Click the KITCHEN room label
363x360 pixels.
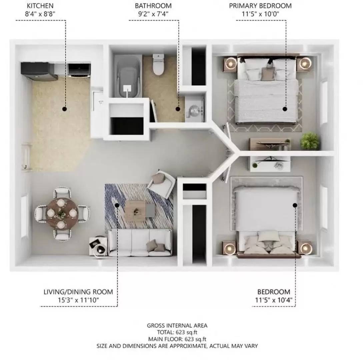40,6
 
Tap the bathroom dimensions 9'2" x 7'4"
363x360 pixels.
153,14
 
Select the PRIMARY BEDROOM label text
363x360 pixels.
260,6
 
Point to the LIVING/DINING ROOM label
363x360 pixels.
78,292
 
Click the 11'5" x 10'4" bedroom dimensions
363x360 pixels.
274,300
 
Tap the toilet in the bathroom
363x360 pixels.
158,65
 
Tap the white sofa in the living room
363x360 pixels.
140,243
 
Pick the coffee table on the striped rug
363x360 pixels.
135,210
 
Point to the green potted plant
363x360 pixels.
310,141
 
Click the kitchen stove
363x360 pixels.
79,70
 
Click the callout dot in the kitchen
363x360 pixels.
64,109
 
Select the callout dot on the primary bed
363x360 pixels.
285,109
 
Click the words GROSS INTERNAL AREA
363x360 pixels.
177,326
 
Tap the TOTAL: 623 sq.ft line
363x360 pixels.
177,332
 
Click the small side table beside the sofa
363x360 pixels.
98,246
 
